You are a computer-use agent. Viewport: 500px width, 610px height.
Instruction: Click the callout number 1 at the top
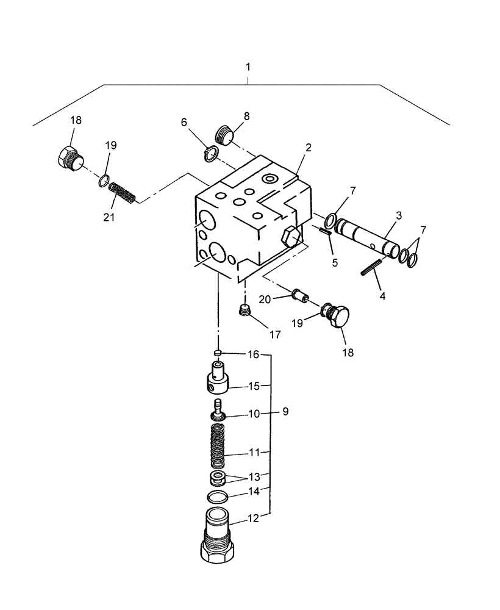248,65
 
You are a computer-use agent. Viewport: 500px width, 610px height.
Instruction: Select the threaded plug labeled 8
226,134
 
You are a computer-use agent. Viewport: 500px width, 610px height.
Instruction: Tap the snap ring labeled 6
209,155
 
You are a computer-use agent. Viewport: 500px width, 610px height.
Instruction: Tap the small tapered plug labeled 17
244,311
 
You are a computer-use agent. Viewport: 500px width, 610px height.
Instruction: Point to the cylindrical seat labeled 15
218,379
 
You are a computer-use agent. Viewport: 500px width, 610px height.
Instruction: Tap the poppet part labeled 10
218,410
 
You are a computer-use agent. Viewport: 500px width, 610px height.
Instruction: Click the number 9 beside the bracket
284,412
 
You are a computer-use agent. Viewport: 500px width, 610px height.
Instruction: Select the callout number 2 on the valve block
309,148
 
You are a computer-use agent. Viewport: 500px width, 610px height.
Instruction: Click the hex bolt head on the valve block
291,236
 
